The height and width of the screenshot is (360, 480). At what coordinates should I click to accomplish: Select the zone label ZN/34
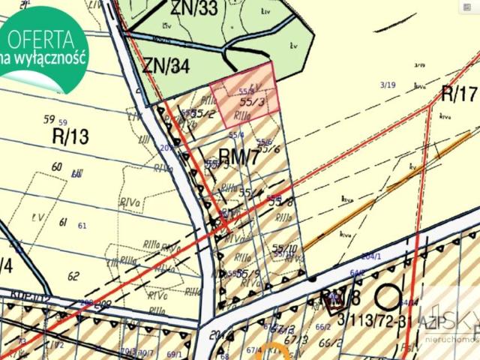(x=166, y=65)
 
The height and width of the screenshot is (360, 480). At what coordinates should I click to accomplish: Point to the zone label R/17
(x=459, y=94)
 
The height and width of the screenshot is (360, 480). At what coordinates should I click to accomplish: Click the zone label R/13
(x=70, y=136)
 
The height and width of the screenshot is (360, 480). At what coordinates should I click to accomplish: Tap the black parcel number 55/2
(x=203, y=114)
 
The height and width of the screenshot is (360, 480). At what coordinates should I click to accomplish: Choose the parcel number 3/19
(x=388, y=85)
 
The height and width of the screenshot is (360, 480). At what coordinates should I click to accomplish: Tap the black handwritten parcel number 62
(x=73, y=276)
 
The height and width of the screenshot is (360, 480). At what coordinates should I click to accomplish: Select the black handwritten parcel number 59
(x=49, y=120)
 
